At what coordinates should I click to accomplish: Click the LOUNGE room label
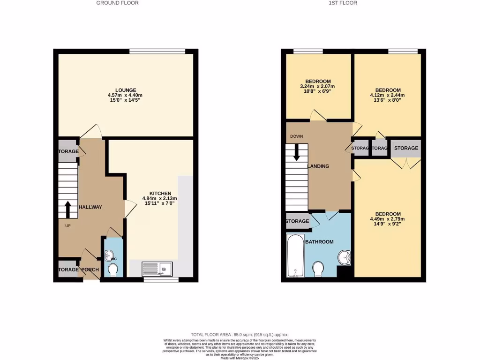click(x=126, y=90)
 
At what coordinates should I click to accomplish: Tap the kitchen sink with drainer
click(x=158, y=269)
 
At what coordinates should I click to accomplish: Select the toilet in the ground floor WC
click(x=112, y=270)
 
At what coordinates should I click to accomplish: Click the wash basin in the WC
click(x=110, y=256)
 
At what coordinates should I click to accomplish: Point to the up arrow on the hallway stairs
click(x=67, y=210)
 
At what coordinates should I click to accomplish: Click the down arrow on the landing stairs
click(x=296, y=152)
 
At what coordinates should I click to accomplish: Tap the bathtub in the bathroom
click(x=295, y=255)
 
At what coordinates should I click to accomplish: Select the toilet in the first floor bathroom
click(x=318, y=269)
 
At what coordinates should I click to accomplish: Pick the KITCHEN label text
click(x=160, y=193)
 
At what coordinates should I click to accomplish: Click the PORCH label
click(x=90, y=270)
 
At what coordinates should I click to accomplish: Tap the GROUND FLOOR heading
click(x=117, y=3)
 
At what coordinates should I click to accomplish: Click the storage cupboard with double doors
click(x=405, y=148)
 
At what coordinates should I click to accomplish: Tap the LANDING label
click(x=318, y=166)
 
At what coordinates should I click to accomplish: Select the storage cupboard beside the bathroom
click(x=297, y=221)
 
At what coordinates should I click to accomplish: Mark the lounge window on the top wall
click(x=157, y=51)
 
